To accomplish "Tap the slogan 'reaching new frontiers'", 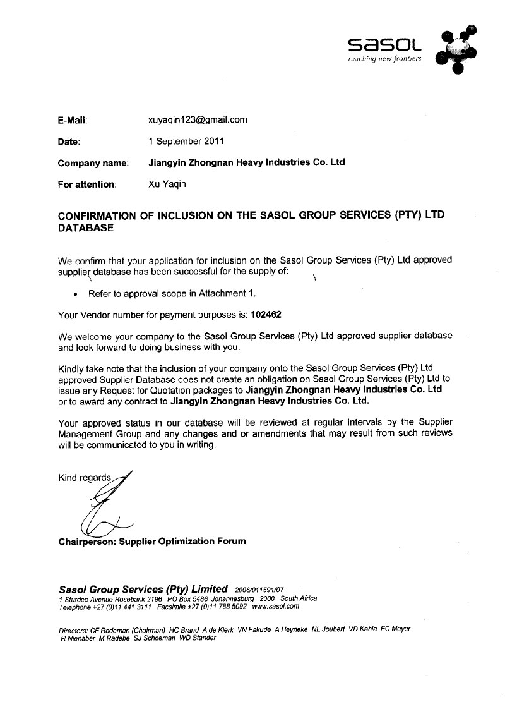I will pos(384,59).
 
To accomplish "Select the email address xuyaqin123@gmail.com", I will pos(197,119).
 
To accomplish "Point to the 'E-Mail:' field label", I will pos(72,119).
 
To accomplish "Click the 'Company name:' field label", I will pos(93,163).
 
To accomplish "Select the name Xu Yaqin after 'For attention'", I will pos(167,185).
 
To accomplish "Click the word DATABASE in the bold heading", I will pos(86,228).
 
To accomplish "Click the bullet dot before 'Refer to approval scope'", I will pos(76,294).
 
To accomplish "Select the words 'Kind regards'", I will pos(85,477).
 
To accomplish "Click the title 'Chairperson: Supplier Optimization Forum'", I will pos(152,541).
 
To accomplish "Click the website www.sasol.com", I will pos(275,607).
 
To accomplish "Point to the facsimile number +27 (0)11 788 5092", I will pos(212,607).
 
